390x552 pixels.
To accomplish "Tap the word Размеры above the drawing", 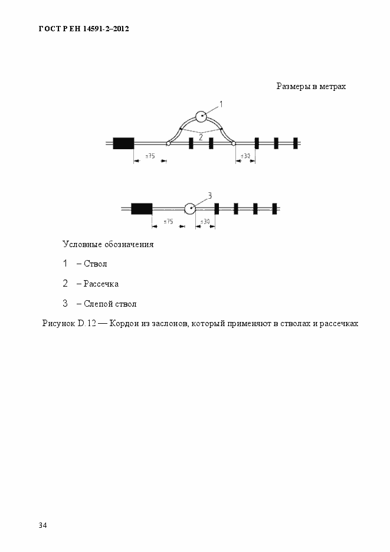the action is [x=293, y=87].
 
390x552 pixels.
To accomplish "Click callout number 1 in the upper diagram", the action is [x=221, y=104].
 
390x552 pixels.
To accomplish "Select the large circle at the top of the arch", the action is [x=201, y=116].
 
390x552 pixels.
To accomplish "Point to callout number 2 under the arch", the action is [x=201, y=137].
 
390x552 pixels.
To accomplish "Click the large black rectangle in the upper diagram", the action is [x=123, y=143].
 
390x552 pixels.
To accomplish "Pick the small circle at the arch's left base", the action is [x=168, y=143].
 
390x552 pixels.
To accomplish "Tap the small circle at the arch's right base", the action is [x=234, y=143].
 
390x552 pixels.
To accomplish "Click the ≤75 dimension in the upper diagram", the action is [x=150, y=156].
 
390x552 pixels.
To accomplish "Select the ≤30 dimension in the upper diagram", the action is [x=245, y=156].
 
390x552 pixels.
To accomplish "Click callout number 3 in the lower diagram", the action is [x=209, y=195].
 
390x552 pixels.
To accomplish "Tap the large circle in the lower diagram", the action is [x=190, y=208].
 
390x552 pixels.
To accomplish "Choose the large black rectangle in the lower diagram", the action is [x=142, y=208].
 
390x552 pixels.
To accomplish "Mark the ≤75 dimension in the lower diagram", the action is [x=168, y=222].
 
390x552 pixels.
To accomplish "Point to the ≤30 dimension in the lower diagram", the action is [x=205, y=222].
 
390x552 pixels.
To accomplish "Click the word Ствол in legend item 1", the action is [x=95, y=264].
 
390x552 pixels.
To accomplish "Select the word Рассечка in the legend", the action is [x=101, y=284].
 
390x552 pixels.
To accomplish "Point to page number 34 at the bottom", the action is [x=43, y=525].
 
